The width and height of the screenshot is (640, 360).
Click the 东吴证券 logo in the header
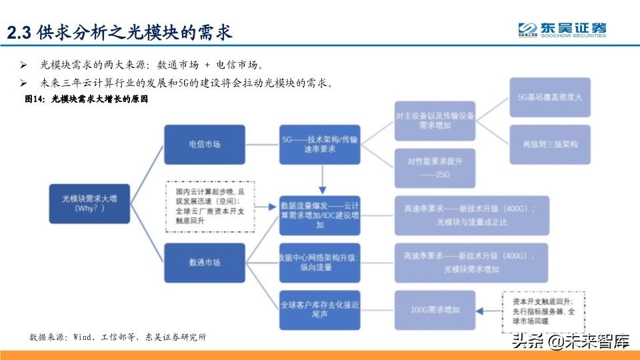coord(563,29)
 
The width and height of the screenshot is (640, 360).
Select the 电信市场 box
coord(204,144)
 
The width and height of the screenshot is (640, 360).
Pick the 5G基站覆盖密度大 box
coord(550,97)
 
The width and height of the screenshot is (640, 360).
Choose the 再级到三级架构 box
coord(550,144)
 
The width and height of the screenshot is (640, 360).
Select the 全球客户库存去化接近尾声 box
coord(320,310)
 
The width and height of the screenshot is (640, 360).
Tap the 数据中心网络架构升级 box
coord(320,262)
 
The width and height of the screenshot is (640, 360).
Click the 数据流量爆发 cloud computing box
coord(320,215)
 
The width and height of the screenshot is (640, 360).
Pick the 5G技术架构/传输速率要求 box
coord(320,144)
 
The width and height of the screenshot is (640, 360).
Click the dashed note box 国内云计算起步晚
coord(210,206)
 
